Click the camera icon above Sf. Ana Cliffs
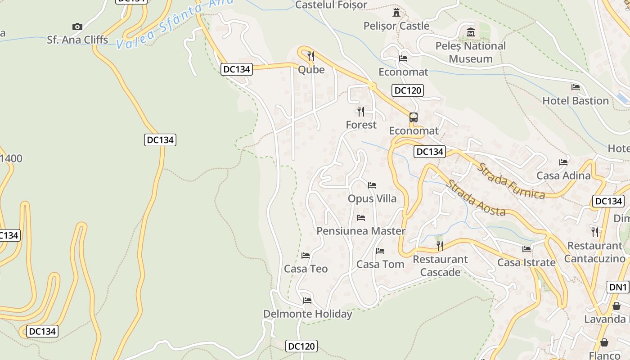click(x=77, y=27)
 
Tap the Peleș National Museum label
click(x=471, y=52)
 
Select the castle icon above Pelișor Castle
click(x=396, y=13)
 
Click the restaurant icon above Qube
click(x=310, y=56)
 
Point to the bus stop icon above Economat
click(x=413, y=117)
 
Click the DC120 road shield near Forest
click(x=407, y=90)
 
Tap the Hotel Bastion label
click(x=575, y=101)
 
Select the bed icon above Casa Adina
click(x=563, y=162)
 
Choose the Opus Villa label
click(x=372, y=198)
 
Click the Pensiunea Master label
click(x=361, y=231)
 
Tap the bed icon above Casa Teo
click(x=306, y=256)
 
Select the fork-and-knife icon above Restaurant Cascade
click(x=440, y=246)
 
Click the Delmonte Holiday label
click(x=307, y=314)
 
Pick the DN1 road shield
click(x=618, y=287)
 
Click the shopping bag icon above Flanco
click(x=604, y=343)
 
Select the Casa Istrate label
click(x=526, y=262)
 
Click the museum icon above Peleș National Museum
click(x=471, y=32)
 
